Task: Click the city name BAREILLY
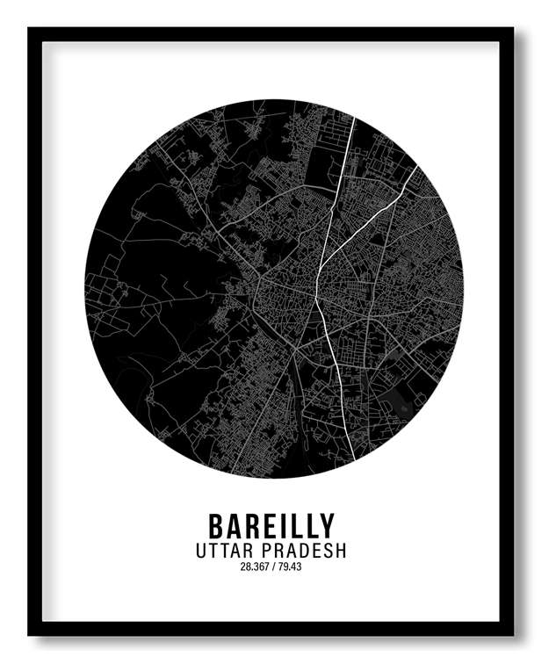(271, 525)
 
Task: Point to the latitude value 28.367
(255, 567)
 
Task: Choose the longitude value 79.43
(291, 567)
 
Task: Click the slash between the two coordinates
(275, 567)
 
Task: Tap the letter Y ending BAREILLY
(327, 525)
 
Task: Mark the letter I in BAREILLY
(283, 525)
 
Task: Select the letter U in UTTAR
(203, 551)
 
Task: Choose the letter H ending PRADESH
(340, 551)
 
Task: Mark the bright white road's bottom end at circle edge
(354, 458)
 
